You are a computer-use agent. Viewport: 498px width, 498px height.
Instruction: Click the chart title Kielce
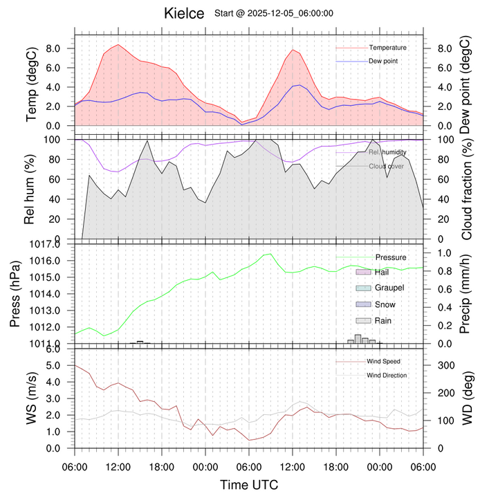184,13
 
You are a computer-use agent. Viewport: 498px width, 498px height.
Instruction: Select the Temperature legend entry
387,48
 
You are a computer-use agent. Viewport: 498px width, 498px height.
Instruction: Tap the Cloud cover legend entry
387,166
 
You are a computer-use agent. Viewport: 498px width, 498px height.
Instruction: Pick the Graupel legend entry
389,288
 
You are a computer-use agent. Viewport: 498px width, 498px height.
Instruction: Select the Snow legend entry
385,304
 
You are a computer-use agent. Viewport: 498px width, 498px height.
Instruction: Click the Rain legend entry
384,320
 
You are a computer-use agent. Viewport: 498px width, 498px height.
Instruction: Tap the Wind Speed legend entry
383,361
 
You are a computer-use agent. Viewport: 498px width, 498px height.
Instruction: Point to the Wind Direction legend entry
387,375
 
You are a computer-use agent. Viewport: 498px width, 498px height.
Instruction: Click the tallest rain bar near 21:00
358,339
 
